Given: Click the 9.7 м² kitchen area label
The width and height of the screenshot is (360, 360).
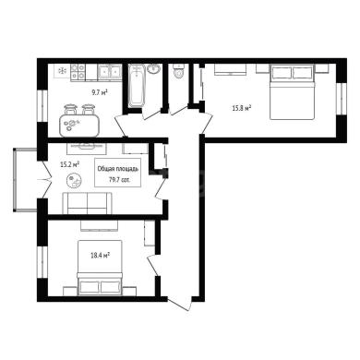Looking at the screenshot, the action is coord(99,92).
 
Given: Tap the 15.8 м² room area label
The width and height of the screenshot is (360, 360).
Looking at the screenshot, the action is coord(242,108).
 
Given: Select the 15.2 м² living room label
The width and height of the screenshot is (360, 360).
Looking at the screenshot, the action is coord(69,164).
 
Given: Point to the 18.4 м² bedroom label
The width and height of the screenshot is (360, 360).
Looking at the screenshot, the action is coord(101,255).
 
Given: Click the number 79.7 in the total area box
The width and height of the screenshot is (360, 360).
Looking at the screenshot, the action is coord(114,179).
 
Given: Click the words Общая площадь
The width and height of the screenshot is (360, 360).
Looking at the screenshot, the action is coord(118,169).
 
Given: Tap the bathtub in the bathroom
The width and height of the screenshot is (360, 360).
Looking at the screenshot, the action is coord(136,86).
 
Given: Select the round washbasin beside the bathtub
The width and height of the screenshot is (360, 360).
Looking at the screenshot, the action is coord(153,68).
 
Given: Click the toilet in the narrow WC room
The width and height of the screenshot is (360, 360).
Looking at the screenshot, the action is coord(178,71).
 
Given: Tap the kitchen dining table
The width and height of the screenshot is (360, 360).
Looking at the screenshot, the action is coord(79,126).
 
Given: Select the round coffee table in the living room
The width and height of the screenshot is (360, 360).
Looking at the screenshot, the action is coord(74,181).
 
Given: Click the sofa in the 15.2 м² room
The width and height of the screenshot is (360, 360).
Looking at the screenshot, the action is coord(88,203).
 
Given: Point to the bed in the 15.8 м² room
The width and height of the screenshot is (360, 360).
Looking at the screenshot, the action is coord(293,91).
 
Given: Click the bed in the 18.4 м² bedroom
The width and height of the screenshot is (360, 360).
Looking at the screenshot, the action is coord(100,268).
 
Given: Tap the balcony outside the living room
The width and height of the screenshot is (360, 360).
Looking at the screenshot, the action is coord(25,180).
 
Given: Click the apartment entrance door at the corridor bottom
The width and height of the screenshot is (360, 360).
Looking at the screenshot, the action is coord(180,303).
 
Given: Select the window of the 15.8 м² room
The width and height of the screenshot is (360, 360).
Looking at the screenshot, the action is coord(341,99).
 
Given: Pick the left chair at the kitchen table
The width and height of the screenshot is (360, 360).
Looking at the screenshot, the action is coord(70,109).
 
